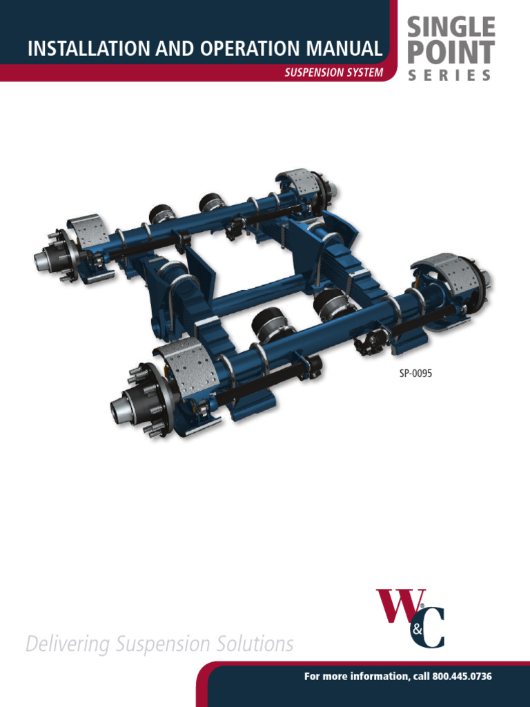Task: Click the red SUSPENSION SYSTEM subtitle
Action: pyautogui.click(x=333, y=72)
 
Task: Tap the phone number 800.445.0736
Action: pyautogui.click(x=462, y=677)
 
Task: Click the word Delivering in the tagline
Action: pyautogui.click(x=67, y=644)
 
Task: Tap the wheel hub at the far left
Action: pyautogui.click(x=52, y=259)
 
